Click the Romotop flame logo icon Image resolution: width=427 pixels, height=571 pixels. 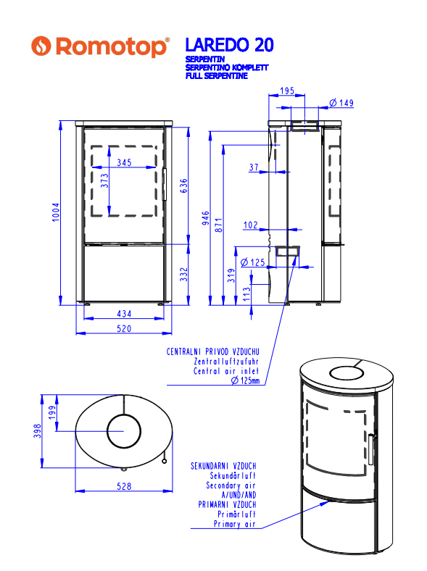click(x=41, y=46)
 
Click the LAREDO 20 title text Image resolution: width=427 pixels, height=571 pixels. click(x=229, y=45)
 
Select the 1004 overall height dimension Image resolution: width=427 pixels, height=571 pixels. click(x=55, y=212)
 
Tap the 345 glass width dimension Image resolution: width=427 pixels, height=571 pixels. click(x=124, y=162)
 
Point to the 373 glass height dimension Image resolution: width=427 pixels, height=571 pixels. click(x=104, y=180)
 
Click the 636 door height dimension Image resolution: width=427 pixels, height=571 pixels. click(x=184, y=186)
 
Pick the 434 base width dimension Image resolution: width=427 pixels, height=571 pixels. click(x=124, y=314)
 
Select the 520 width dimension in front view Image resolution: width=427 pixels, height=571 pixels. click(x=124, y=328)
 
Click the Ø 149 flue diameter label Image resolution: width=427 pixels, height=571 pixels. click(x=341, y=103)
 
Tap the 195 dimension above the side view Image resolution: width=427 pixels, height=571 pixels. click(x=287, y=91)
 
